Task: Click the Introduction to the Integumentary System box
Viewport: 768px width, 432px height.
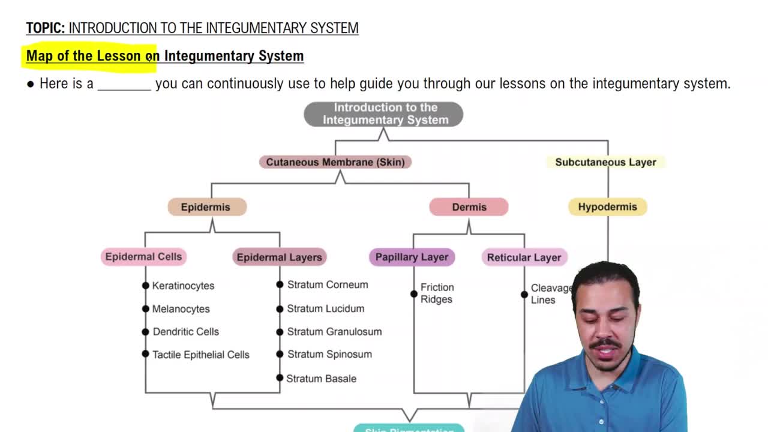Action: [383, 114]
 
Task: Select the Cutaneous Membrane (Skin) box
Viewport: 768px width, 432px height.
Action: [335, 162]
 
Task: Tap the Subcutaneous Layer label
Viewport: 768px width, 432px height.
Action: [605, 162]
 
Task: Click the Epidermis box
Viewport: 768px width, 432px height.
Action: [206, 207]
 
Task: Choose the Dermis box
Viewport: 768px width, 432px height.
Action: [469, 207]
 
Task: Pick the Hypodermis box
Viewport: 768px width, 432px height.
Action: [607, 207]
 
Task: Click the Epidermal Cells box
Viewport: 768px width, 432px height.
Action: [143, 257]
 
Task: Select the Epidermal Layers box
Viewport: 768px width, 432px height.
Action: [279, 257]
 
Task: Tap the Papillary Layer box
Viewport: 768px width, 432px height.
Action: [412, 257]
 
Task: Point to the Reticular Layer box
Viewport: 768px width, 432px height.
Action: [524, 257]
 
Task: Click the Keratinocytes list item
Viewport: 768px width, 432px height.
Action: [183, 286]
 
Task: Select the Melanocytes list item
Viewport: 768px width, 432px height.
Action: [181, 309]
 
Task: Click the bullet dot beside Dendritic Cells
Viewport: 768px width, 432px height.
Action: [145, 332]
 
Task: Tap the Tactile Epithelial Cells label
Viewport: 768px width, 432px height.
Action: [200, 355]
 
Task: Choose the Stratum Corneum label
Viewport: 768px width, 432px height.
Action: [327, 284]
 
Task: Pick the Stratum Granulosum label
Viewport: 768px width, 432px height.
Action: [334, 331]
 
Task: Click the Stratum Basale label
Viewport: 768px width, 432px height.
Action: [321, 379]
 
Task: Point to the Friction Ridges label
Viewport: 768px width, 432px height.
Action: [437, 293]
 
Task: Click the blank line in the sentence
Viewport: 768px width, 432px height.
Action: [124, 84]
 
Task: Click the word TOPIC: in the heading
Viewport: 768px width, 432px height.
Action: [46, 28]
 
